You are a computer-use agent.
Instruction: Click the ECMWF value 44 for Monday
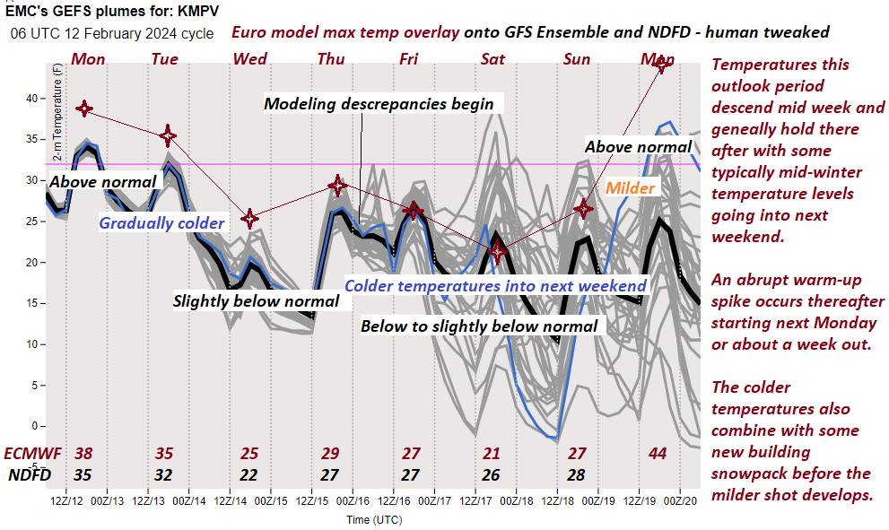point(658,454)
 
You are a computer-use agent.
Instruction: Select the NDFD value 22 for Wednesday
point(250,474)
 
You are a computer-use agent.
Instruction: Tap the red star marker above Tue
point(168,135)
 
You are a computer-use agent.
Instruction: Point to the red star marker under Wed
point(250,218)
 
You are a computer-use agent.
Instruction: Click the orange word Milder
point(630,188)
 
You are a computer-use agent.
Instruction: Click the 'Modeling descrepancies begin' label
point(379,104)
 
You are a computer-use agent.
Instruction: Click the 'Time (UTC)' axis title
point(374,519)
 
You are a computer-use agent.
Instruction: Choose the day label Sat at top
point(492,59)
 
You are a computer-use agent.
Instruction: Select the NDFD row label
point(31,474)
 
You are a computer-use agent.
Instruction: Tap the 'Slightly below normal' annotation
point(256,301)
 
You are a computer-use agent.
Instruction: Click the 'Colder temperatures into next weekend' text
point(495,286)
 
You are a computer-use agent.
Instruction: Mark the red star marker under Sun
point(584,209)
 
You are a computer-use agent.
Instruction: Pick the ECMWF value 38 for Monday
point(84,454)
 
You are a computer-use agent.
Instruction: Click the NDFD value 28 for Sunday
point(575,474)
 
